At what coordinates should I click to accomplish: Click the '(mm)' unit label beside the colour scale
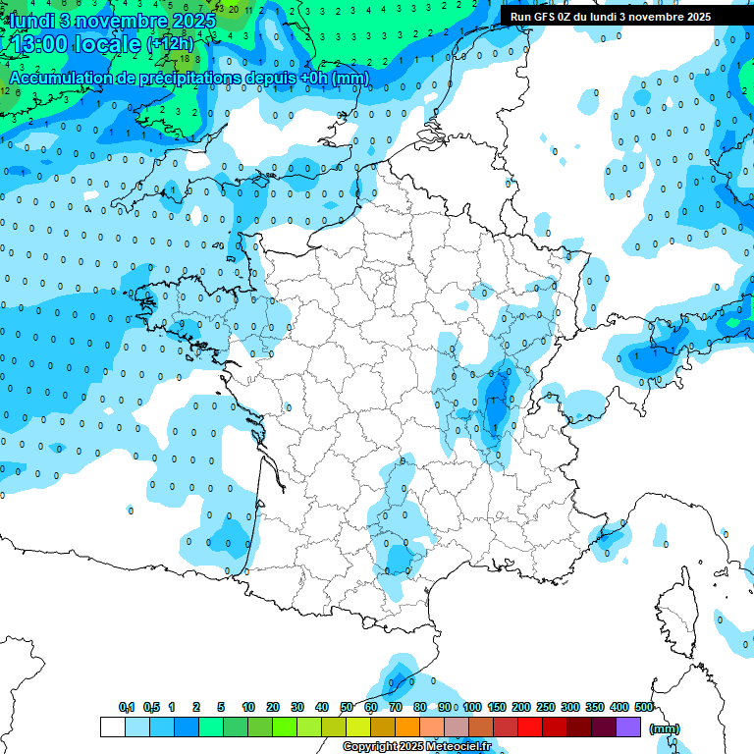(665, 728)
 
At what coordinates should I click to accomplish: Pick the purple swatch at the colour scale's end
(628, 727)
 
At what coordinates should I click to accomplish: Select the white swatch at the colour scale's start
(112, 727)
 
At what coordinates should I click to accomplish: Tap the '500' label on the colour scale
(644, 707)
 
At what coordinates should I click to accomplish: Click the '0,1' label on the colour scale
(127, 707)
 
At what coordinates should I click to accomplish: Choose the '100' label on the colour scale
(472, 707)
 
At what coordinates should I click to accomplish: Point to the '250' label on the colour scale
(546, 707)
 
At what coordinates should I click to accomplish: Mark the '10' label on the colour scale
(248, 707)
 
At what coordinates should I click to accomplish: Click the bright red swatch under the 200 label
(530, 727)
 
